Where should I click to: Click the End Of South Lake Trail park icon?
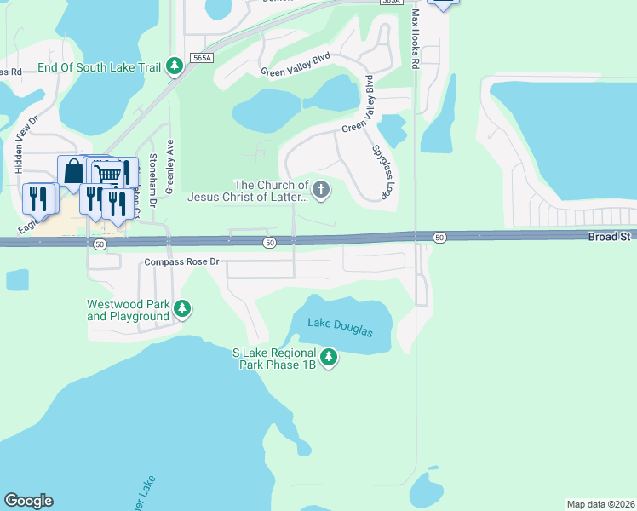tap(175, 66)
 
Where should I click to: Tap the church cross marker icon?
tap(321, 189)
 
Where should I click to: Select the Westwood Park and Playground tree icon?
tap(181, 308)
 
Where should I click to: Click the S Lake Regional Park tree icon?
tap(328, 357)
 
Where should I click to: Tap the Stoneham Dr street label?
tap(152, 180)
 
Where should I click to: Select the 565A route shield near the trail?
tap(201, 57)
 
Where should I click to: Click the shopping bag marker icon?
tap(72, 170)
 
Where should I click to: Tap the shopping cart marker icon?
tap(106, 174)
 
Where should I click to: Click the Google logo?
tap(28, 501)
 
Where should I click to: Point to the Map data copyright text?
tap(601, 503)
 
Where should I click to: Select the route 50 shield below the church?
tap(269, 244)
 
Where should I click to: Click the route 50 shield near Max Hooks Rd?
tap(439, 237)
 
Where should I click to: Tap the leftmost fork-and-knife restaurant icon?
tap(37, 198)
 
